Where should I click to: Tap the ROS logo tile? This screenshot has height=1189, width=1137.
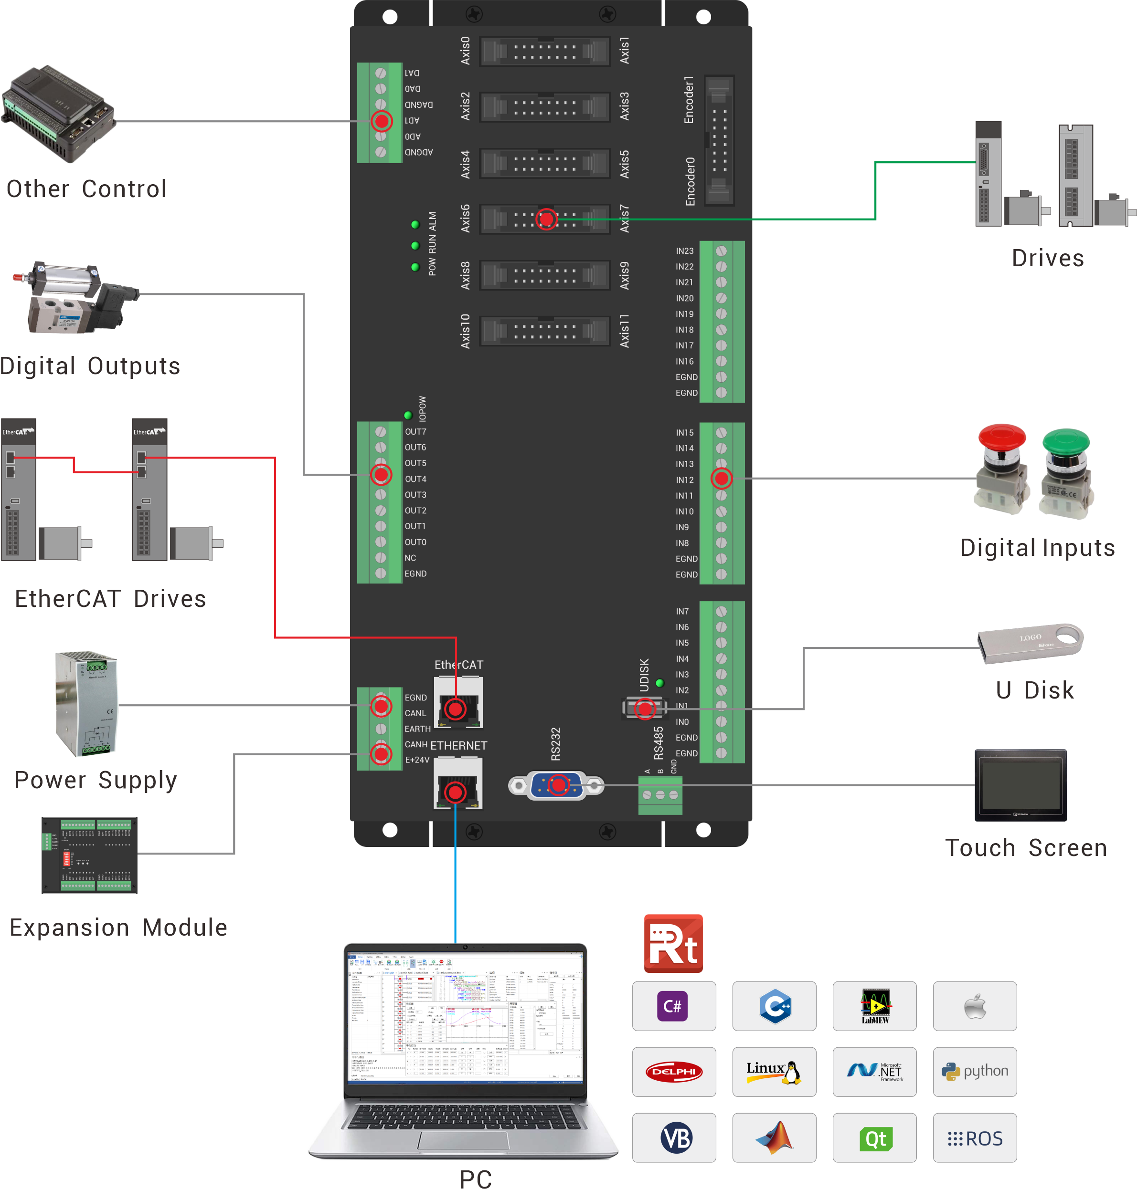click(974, 1137)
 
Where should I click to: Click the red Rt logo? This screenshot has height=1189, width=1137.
click(673, 943)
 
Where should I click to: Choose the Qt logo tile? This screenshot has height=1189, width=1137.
click(874, 1137)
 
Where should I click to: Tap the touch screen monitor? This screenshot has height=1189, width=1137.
click(1020, 785)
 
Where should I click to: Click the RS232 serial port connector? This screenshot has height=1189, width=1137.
click(556, 786)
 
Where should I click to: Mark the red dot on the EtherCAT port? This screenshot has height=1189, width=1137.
click(455, 708)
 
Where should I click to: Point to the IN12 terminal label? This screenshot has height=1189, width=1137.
click(684, 480)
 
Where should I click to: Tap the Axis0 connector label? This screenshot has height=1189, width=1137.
click(465, 51)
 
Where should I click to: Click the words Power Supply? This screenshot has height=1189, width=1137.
click(96, 780)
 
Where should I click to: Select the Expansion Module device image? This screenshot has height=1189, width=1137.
click(89, 855)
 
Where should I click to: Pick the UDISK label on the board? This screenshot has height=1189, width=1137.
click(644, 674)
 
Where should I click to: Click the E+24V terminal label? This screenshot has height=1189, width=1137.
click(417, 760)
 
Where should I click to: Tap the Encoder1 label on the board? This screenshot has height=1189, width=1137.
click(689, 100)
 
